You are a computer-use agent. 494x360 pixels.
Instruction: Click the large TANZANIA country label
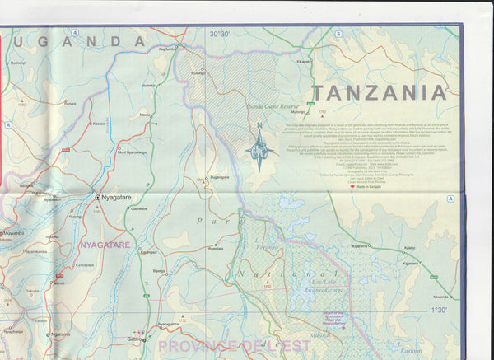[x=378, y=91]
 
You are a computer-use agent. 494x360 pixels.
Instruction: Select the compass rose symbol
[x=259, y=151]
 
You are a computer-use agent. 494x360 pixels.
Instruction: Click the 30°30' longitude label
[x=220, y=34]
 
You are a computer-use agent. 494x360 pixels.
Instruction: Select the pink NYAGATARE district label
[x=105, y=245]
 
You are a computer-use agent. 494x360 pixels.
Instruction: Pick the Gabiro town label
[x=136, y=339]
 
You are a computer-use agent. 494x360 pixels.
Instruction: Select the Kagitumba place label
[x=167, y=49]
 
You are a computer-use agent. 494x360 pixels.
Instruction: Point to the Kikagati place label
[x=303, y=61]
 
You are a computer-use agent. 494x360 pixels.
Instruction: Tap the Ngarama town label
[x=59, y=334]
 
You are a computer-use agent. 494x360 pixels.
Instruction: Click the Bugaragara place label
[x=219, y=177]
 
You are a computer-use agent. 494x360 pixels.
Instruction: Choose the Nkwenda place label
[x=441, y=296]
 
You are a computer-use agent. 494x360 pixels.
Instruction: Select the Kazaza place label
[x=98, y=123]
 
